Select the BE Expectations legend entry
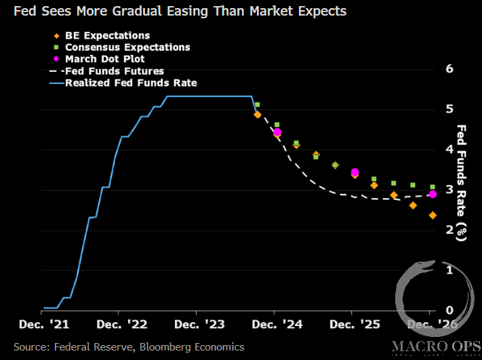coord(107,35)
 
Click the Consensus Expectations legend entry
coord(127,47)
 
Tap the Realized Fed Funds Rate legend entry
coord(130,83)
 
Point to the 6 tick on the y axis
coord(448,68)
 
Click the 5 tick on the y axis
coord(448,108)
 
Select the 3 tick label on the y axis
coord(448,189)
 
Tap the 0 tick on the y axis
coord(448,310)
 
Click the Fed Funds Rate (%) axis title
coord(462,182)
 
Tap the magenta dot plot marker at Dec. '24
coord(277,132)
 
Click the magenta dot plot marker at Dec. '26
coord(433,195)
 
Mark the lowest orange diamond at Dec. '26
coord(433,215)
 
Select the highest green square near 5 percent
coord(257,105)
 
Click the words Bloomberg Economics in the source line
coord(192,346)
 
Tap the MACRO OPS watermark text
coord(435,346)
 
